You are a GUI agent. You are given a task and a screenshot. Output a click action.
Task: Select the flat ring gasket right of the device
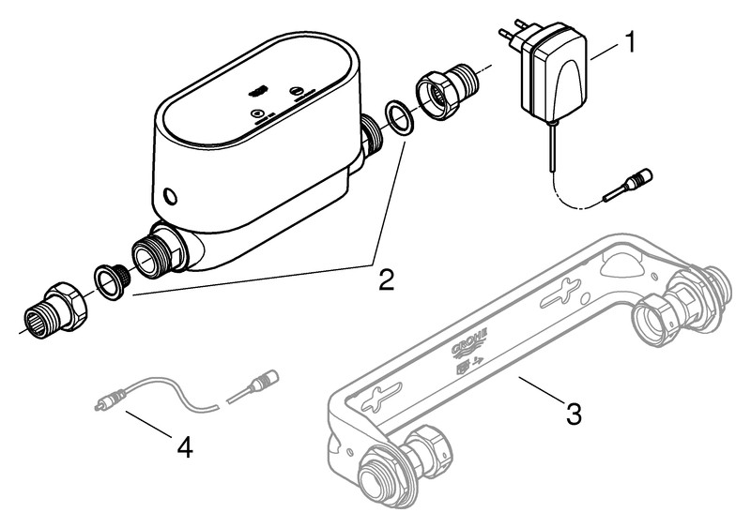[x=400, y=120]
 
